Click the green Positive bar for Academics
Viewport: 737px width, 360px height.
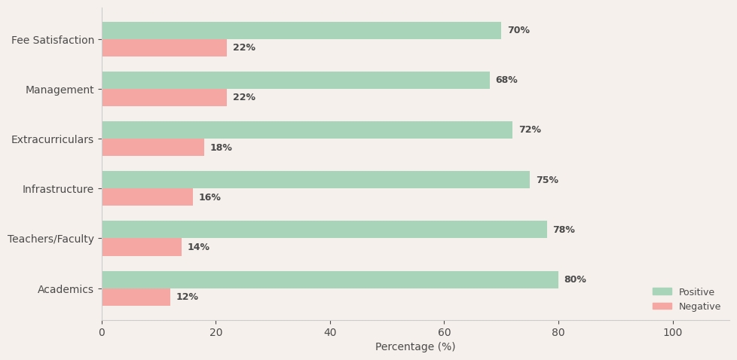click(x=329, y=279)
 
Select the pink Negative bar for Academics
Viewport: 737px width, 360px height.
click(x=136, y=297)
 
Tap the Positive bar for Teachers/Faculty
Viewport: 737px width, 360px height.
click(x=324, y=230)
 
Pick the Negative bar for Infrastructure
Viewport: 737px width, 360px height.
click(x=147, y=197)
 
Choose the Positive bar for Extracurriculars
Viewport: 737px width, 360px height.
click(x=307, y=130)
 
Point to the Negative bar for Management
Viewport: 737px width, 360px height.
click(x=164, y=97)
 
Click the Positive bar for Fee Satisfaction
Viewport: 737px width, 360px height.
click(x=301, y=30)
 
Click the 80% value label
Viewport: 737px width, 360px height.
click(x=575, y=279)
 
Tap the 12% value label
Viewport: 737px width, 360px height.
click(x=187, y=297)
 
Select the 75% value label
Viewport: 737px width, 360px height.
click(x=547, y=180)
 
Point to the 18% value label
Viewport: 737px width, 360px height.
click(x=221, y=148)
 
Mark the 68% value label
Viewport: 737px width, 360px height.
click(x=506, y=80)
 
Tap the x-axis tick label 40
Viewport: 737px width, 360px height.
click(x=330, y=332)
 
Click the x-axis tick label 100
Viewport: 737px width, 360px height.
click(x=673, y=332)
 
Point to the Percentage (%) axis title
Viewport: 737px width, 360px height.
click(x=415, y=347)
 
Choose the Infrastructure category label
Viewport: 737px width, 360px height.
click(x=58, y=189)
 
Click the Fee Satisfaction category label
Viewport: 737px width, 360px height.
click(x=53, y=40)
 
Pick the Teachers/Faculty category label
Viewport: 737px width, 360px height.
click(x=50, y=239)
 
